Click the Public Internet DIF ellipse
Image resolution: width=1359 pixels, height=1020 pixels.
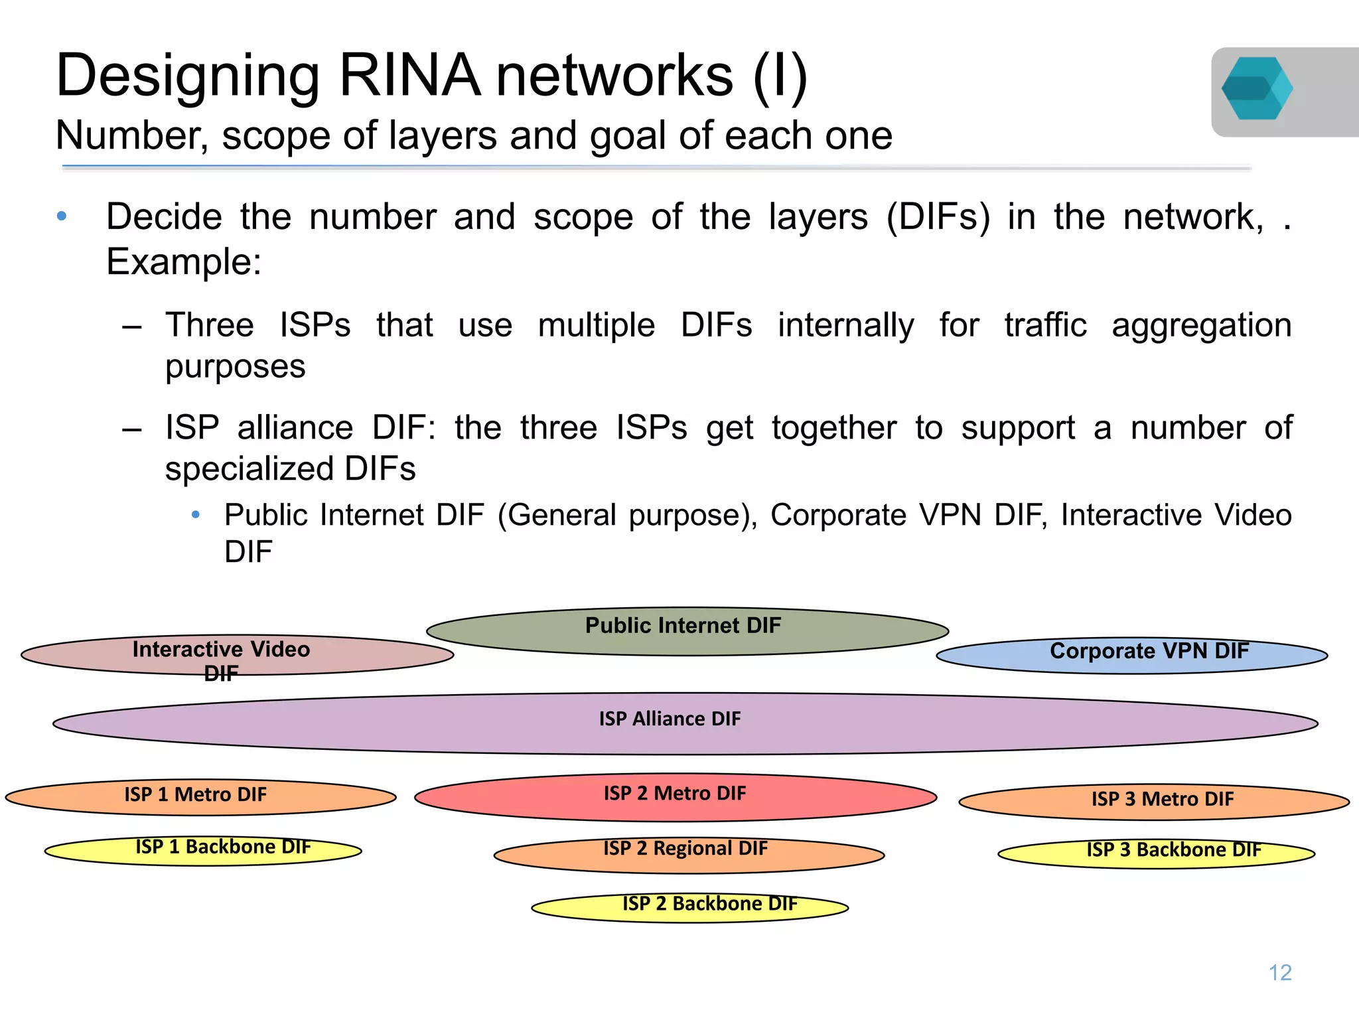687,632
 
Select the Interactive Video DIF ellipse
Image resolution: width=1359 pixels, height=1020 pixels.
237,656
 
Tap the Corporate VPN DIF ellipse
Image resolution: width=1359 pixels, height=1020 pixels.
1131,656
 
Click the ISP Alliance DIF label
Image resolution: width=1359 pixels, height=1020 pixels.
670,719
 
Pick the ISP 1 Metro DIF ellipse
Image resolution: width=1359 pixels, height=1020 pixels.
200,797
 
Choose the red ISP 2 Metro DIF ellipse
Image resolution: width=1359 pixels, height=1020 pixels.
676,797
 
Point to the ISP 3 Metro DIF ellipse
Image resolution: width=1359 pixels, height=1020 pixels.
1154,802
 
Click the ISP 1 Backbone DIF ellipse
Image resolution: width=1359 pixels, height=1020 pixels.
203,851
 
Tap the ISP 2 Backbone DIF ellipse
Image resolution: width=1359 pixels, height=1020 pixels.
690,908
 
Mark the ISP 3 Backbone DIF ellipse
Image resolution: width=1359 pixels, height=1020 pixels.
1156,854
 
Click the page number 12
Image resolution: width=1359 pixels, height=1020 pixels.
1279,972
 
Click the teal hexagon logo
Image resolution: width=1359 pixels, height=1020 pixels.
1256,89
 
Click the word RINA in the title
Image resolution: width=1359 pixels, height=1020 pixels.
409,76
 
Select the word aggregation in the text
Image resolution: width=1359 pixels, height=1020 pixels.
1201,326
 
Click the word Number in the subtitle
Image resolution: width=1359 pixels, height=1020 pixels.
131,136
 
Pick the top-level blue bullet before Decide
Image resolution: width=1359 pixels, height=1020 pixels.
62,216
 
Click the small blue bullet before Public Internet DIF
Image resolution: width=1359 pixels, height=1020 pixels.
195,515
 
